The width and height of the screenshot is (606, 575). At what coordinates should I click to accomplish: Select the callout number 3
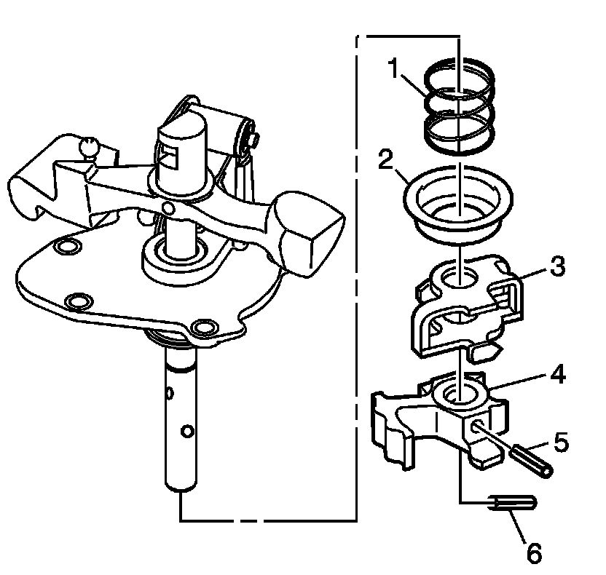(x=557, y=266)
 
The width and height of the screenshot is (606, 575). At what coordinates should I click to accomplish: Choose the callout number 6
(x=534, y=553)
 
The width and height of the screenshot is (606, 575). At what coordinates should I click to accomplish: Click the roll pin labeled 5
(x=531, y=459)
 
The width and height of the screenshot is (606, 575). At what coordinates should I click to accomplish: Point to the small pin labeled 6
(x=514, y=503)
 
